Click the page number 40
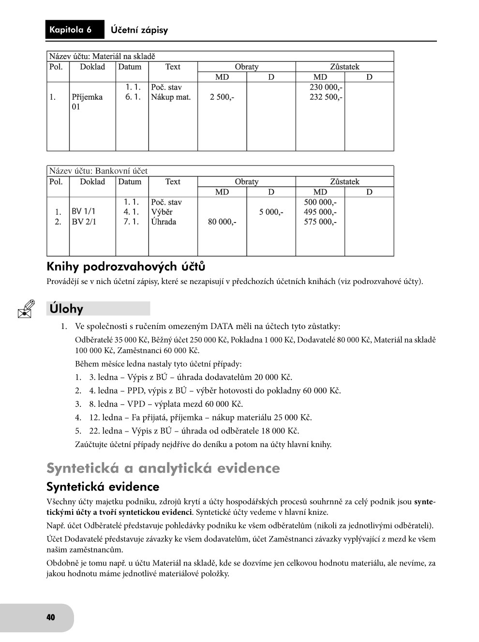[51, 617]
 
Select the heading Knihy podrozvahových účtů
[126, 267]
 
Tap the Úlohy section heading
[66, 309]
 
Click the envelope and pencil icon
[26, 308]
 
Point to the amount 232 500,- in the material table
[326, 97]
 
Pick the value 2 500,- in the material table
[222, 97]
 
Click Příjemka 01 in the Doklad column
[87, 102]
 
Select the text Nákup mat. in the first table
[171, 97]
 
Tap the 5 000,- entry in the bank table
[271, 212]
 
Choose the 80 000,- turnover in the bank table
[222, 222]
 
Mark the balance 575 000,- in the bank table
[320, 222]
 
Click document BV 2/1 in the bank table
[84, 222]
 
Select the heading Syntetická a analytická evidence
[163, 468]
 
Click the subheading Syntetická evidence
[103, 487]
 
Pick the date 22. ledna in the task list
[105, 431]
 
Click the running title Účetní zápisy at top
[139, 30]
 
